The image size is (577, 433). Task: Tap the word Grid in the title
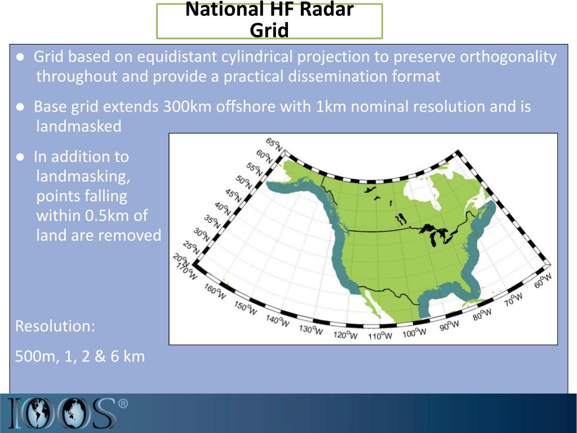click(269, 29)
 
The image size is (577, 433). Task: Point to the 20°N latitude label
click(181, 260)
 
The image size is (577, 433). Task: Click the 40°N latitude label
click(223, 210)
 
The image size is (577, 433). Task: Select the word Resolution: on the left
click(55, 326)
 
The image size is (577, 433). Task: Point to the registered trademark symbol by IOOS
click(123, 404)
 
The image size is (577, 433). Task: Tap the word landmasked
click(79, 126)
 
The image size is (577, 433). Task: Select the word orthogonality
click(508, 57)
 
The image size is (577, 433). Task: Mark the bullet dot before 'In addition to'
click(20, 157)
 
